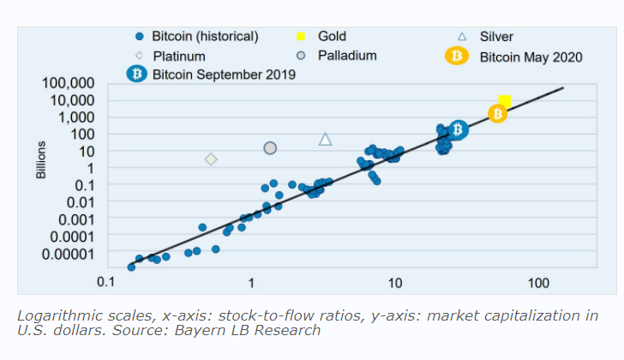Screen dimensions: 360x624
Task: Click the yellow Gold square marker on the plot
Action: click(505, 101)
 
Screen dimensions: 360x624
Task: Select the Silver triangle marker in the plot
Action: click(325, 139)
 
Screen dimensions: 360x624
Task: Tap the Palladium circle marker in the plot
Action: click(270, 148)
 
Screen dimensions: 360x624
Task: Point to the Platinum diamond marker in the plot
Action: click(211, 159)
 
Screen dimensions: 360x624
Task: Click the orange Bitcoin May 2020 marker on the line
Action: click(498, 113)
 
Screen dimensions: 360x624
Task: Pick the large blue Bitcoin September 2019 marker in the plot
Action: click(458, 129)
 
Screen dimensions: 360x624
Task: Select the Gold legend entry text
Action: click(332, 37)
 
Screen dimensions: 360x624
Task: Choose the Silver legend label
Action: click(496, 37)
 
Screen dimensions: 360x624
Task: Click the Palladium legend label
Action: click(346, 57)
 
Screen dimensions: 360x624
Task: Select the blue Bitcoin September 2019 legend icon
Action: click(137, 75)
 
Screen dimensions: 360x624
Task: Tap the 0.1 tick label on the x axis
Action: click(107, 282)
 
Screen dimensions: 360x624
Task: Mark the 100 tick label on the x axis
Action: click(538, 282)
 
